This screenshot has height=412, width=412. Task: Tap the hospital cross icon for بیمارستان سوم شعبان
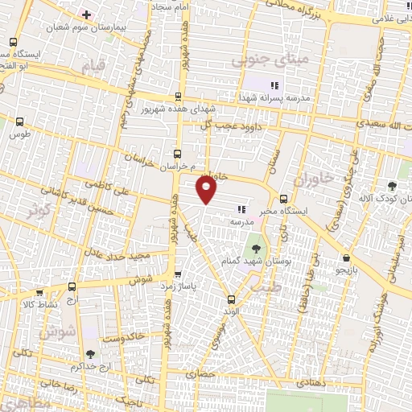click(x=86, y=14)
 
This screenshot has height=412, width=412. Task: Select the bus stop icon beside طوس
click(x=20, y=122)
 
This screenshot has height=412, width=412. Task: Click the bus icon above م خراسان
click(x=178, y=152)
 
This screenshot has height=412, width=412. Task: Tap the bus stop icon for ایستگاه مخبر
click(x=283, y=200)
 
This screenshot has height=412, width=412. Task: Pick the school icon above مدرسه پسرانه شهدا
click(x=274, y=84)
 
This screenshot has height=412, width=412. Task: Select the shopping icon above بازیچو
click(x=346, y=258)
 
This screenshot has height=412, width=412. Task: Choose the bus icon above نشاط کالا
click(x=72, y=286)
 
